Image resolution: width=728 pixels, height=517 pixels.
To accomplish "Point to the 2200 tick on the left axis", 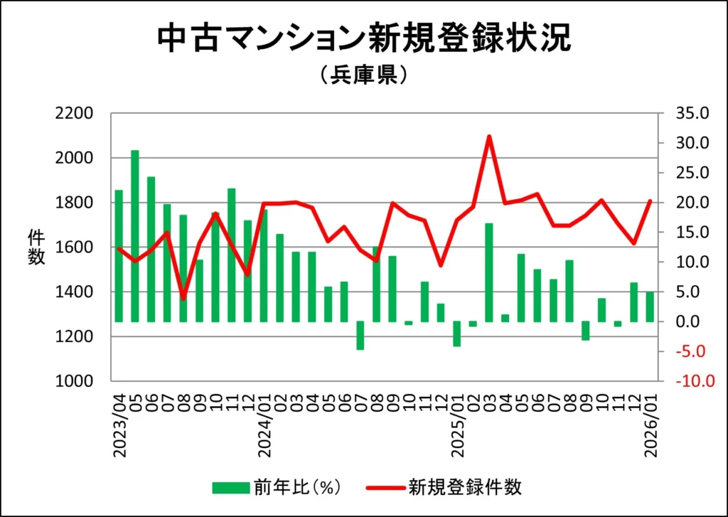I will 75,114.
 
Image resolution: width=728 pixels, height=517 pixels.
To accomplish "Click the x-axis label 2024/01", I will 264,418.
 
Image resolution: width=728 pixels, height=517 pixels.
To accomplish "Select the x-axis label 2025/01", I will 457,418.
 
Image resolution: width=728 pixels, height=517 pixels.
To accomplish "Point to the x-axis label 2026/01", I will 651,418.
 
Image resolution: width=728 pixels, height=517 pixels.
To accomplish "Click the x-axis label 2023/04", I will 119,418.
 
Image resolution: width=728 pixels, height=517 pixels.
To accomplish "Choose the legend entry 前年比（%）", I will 278,487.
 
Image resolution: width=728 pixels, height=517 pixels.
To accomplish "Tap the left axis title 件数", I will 36,247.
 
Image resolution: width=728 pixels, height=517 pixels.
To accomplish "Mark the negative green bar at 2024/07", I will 360,336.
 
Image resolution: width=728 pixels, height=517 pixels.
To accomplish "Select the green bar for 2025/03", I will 489,272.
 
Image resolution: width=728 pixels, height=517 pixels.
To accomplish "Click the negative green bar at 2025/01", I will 457,334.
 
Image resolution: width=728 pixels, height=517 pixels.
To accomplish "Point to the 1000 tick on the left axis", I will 75,382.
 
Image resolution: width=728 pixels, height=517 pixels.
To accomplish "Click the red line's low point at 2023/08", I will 183,298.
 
